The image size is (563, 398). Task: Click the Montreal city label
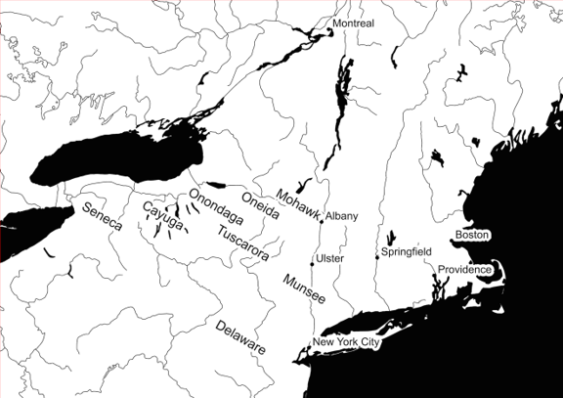(353, 22)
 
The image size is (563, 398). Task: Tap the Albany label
(342, 215)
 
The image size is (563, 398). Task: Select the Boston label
(471, 235)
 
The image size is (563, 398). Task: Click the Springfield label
(407, 251)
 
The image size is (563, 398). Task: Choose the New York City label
(345, 342)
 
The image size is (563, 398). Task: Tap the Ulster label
(328, 258)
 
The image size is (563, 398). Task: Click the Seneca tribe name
(102, 216)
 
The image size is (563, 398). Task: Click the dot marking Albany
(322, 221)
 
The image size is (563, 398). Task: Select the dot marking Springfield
(377, 257)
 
